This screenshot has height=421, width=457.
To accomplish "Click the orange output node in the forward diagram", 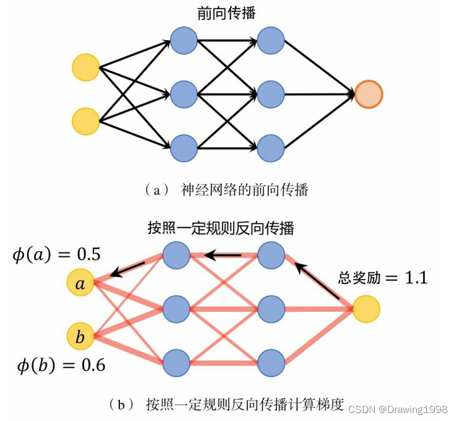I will [x=369, y=94].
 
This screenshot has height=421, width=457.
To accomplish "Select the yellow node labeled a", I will [x=81, y=283].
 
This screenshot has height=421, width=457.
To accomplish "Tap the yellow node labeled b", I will [x=81, y=337].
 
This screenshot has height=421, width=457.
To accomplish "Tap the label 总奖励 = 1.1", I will [x=383, y=277].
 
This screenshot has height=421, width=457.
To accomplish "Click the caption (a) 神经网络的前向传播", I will [x=226, y=190].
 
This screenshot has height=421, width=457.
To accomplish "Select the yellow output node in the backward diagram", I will [x=365, y=308].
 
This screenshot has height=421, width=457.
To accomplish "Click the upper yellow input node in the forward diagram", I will [x=85, y=67].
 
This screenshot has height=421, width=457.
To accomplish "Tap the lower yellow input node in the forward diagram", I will [x=85, y=121].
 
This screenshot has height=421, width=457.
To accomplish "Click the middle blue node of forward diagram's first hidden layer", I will [x=184, y=94].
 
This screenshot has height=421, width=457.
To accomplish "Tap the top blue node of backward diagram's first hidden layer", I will [x=176, y=254].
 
